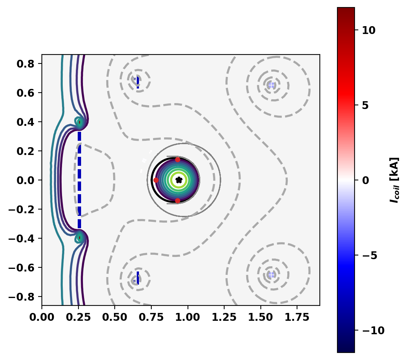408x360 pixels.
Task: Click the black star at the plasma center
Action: coord(179,180)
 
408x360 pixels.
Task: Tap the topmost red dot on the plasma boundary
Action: coord(177,159)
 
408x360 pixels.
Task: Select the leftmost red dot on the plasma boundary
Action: coord(156,180)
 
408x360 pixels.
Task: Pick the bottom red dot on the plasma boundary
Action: coord(177,201)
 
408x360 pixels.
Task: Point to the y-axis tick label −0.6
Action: coord(22,267)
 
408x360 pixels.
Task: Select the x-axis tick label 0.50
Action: coord(114,317)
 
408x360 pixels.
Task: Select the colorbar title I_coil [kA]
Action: coord(394,180)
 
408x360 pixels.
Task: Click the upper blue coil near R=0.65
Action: coord(137,80)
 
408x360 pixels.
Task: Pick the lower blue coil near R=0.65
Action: coord(137,278)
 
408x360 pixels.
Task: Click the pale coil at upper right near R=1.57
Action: coord(271,85)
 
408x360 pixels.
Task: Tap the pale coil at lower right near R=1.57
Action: coord(271,274)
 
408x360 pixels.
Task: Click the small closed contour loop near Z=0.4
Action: coord(79,122)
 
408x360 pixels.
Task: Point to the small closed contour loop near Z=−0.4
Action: coord(79,238)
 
